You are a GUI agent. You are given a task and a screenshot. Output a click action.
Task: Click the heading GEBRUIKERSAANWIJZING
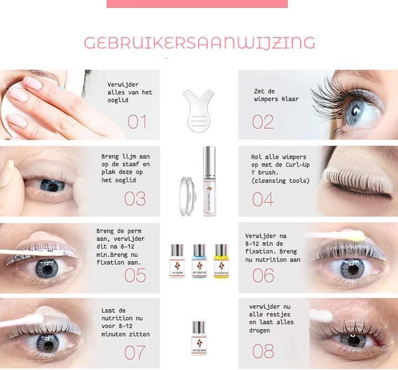click(199, 43)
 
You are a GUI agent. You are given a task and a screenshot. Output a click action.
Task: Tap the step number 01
click(137, 122)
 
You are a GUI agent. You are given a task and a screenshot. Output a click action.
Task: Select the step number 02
click(263, 122)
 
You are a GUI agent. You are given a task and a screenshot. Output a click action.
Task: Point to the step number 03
click(135, 199)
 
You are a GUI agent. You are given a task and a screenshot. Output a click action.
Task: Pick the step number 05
click(135, 276)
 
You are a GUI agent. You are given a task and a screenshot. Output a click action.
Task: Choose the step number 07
click(135, 352)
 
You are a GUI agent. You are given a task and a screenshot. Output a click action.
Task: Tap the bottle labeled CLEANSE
click(199, 338)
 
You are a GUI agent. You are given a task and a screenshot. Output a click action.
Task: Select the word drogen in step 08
click(260, 330)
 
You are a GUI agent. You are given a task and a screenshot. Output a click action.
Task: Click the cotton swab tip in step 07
click(36, 319)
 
